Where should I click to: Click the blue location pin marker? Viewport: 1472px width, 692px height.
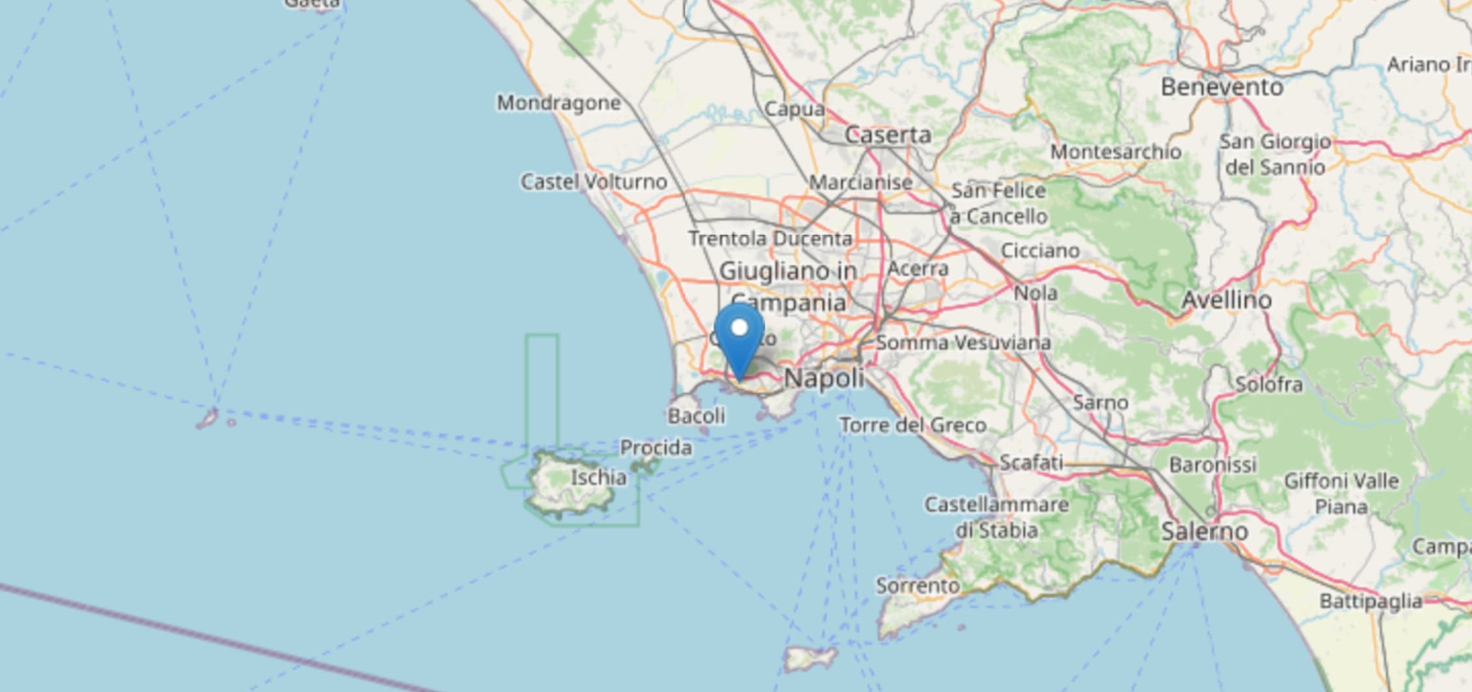pos(739,336)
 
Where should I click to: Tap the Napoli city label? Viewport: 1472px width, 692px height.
pos(824,378)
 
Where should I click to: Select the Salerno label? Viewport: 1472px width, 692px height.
pos(1204,531)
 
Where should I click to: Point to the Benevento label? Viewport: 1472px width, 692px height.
pos(1221,87)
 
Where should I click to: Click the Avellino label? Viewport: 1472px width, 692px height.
pos(1227,300)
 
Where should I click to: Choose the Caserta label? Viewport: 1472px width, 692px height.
pos(887,135)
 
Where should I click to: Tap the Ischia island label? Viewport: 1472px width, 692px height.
pos(598,477)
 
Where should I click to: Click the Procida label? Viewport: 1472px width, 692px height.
pos(656,448)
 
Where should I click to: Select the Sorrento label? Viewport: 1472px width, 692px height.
pos(917,586)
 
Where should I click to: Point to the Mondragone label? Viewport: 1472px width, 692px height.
pos(559,103)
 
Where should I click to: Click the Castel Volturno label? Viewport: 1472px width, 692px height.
pos(593,181)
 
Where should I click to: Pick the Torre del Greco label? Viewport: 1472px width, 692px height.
pos(913,426)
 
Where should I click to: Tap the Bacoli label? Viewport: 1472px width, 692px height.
pos(696,416)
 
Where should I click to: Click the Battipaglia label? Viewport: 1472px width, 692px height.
pos(1370,601)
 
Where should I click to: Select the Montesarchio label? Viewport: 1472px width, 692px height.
pos(1116,152)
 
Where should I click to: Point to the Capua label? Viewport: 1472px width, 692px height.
pos(794,108)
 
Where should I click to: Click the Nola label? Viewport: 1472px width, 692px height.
pos(1035,293)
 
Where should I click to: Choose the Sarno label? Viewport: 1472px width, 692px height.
pos(1101,402)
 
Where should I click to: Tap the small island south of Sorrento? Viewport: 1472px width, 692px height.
pos(810,658)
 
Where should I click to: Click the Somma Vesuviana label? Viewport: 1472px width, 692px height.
pos(963,343)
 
